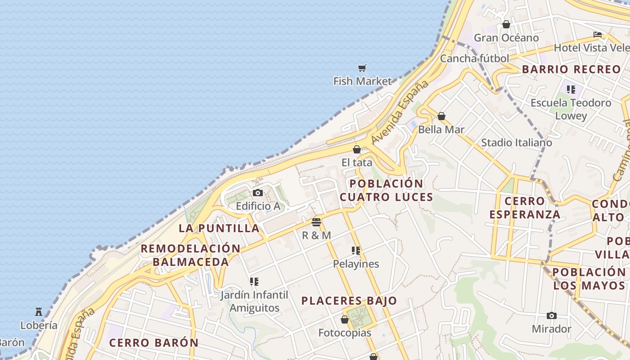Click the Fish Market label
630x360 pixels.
362,81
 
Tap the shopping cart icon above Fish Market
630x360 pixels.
362,68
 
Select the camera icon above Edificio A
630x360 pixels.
258,193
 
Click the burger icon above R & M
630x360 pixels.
316,222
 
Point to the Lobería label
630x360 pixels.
39,325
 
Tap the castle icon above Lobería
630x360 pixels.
39,311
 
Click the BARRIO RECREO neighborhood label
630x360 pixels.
571,69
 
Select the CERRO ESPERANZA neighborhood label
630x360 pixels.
525,208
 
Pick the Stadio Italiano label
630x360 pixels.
517,143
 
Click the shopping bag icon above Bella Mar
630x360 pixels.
441,116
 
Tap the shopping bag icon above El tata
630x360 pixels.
357,149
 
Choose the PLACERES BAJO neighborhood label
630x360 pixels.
349,301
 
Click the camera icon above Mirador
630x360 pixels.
551,315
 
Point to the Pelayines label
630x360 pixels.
356,264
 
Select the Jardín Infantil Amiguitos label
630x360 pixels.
254,301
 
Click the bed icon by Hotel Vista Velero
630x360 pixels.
598,35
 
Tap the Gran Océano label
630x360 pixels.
506,38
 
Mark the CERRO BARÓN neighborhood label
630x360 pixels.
154,342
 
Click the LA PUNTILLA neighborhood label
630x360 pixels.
219,228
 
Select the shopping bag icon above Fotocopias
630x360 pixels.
345,319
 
